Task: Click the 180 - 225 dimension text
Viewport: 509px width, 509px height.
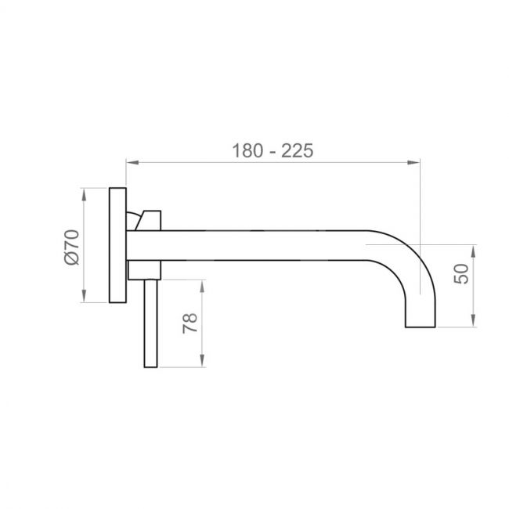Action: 273,150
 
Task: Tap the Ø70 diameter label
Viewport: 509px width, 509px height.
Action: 72,247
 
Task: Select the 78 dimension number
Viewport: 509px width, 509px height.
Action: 190,323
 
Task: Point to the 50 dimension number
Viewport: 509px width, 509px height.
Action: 461,273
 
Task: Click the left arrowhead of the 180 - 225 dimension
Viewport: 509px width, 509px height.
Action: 132,162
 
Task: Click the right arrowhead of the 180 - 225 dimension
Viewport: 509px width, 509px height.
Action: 413,162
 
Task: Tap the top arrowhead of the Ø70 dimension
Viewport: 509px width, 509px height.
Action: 84,194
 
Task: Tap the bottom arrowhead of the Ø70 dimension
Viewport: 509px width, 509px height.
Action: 84,296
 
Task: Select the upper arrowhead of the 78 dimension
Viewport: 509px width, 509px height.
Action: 202,287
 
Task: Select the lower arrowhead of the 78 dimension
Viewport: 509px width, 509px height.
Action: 202,361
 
